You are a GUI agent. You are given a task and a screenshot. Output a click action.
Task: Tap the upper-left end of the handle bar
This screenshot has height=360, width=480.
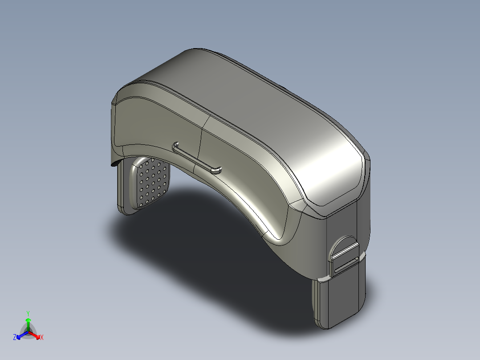175,144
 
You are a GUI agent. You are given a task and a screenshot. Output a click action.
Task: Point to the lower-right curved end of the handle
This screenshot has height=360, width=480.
217,170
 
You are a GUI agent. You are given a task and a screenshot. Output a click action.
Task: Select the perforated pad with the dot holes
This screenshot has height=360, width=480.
151,183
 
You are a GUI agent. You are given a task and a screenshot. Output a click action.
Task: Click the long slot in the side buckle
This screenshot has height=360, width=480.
346,265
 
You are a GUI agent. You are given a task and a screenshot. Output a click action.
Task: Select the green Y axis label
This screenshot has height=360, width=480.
28,313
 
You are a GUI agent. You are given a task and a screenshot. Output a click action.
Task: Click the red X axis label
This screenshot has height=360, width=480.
42,337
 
